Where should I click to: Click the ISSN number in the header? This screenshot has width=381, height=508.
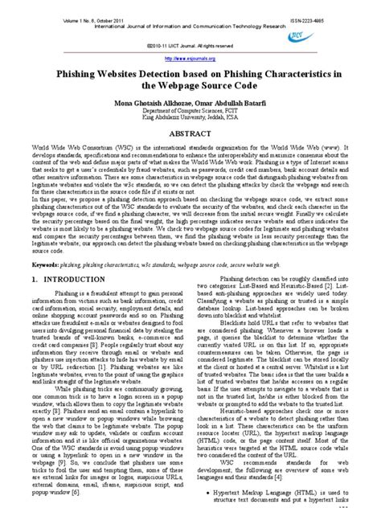pyautogui.click(x=338, y=7)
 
